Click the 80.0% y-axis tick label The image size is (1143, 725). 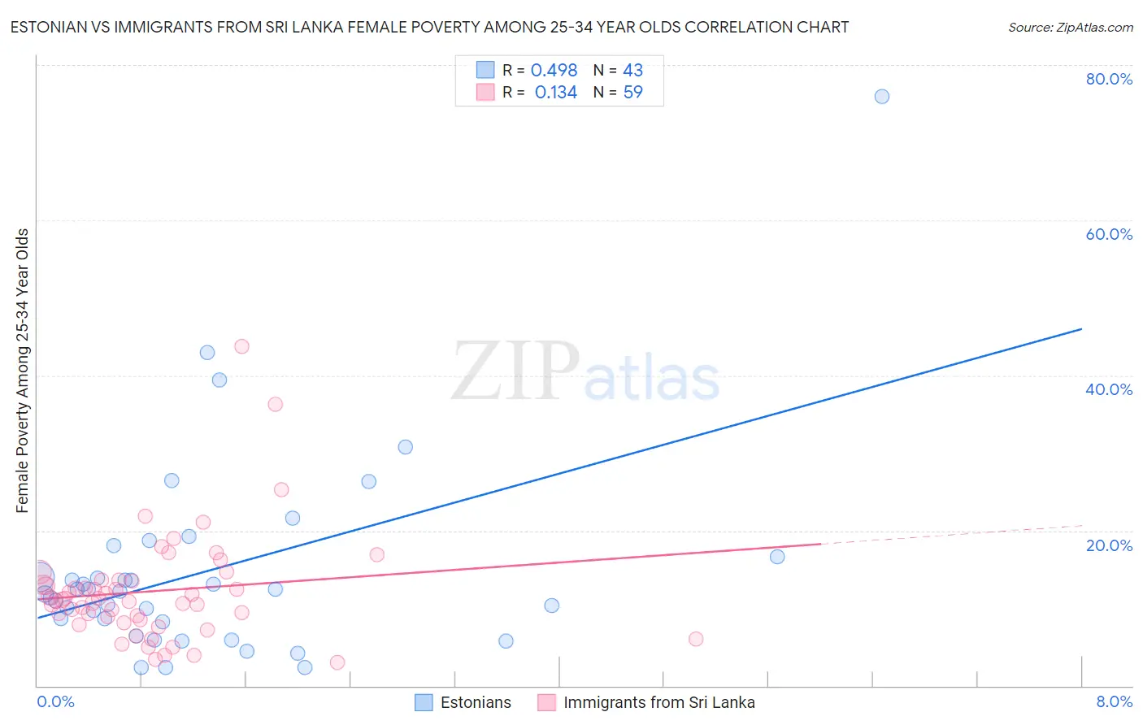click(x=1108, y=79)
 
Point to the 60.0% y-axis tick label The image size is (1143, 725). click(x=1108, y=234)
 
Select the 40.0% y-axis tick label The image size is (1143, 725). click(x=1108, y=389)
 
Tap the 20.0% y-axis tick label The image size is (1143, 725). click(x=1108, y=545)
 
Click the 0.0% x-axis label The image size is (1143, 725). click(x=55, y=701)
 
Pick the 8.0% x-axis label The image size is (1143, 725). click(x=1114, y=701)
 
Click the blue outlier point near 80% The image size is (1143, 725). click(x=881, y=97)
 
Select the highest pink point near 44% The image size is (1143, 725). click(x=241, y=346)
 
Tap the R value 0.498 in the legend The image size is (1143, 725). click(x=554, y=71)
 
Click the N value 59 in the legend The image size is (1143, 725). click(x=632, y=93)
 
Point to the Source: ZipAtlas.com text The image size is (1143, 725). click(x=1070, y=27)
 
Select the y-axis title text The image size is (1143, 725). click(x=22, y=371)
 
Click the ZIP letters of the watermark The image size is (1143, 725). click(x=515, y=372)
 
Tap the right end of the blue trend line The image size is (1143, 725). click(x=1081, y=328)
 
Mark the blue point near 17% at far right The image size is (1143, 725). click(x=777, y=557)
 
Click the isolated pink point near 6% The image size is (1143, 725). click(x=696, y=639)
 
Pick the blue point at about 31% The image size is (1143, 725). click(x=405, y=447)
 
